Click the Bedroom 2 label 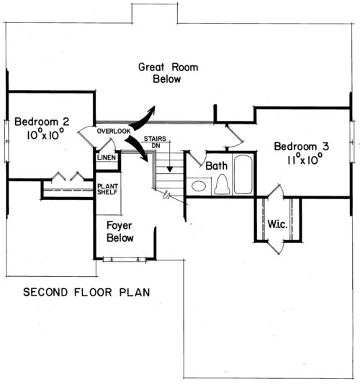click(42, 122)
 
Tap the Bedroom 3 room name click(302, 147)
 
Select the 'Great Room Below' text click(168, 73)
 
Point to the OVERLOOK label click(114, 132)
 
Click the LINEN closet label click(107, 157)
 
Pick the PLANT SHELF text click(108, 189)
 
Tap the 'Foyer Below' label click(120, 232)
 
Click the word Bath click(216, 166)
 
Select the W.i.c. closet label click(277, 224)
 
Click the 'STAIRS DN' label click(155, 142)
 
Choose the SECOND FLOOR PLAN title click(86, 292)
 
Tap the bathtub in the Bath click(243, 174)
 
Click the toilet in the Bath click(222, 184)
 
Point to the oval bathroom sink click(199, 186)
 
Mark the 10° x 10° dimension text click(45, 134)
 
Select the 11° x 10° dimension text click(305, 159)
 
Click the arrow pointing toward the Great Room click(143, 117)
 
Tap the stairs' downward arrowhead click(170, 169)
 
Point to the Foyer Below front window click(125, 260)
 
